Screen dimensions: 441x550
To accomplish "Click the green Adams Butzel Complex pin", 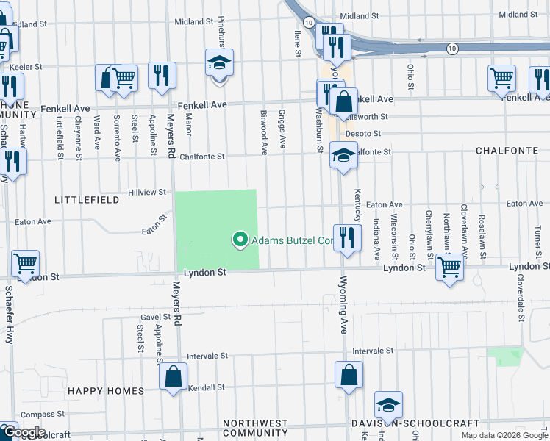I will point(239,240).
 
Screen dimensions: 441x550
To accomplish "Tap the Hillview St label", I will point(148,192).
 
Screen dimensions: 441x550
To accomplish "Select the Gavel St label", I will point(155,317).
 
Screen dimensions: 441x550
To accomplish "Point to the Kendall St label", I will point(206,387).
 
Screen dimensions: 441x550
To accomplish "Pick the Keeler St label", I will point(26,67).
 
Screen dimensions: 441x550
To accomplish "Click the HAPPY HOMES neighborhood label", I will point(103,390).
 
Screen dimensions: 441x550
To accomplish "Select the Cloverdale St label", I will point(520,301).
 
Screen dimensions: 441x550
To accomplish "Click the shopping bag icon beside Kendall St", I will point(173,377).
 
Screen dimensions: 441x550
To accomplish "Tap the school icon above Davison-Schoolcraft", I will point(388,405).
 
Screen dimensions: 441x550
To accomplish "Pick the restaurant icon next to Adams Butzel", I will point(347,237).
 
